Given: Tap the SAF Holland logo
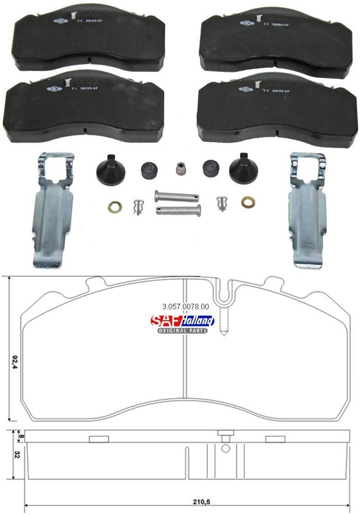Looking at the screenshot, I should click(182, 321).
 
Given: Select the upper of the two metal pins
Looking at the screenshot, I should click(176, 197).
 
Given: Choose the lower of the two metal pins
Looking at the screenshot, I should click(178, 210).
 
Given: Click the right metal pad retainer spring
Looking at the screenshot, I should click(308, 210).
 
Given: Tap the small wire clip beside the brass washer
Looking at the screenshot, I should click(138, 207).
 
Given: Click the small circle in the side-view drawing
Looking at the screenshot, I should click(225, 448).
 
